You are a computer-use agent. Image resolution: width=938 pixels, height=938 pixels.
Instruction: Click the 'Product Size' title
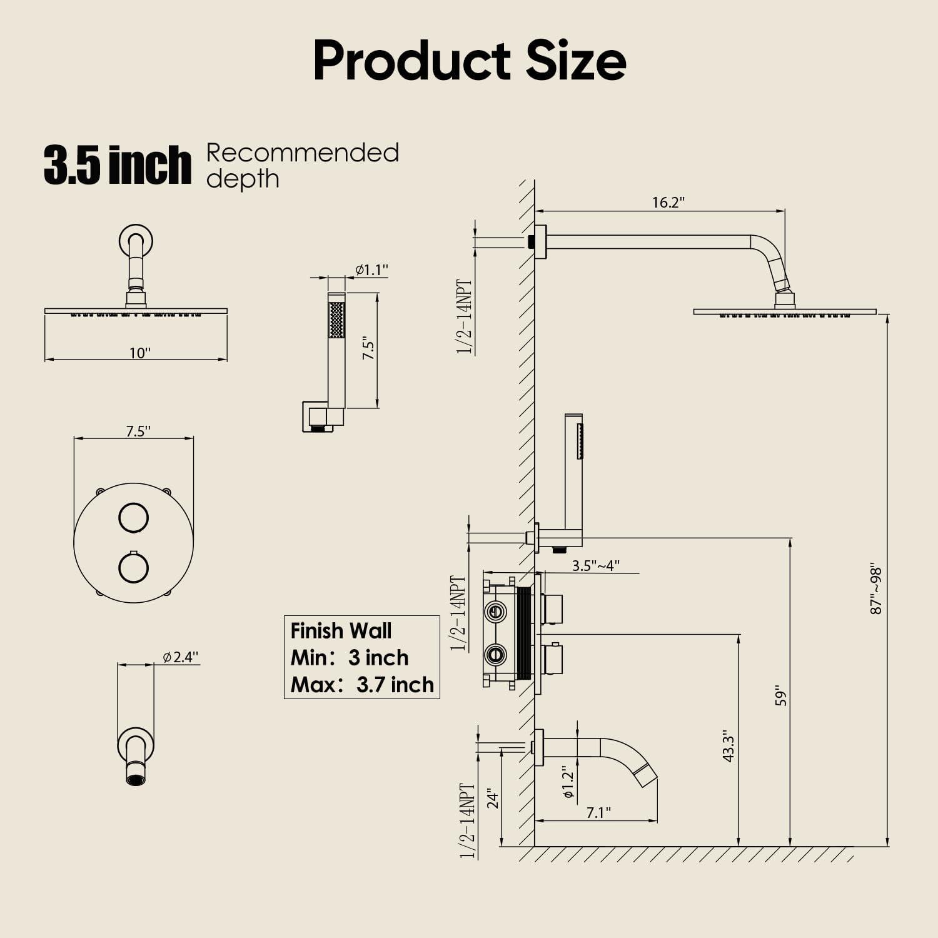pos(469,61)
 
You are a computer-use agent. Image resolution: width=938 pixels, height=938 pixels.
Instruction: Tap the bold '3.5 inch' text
pos(117,165)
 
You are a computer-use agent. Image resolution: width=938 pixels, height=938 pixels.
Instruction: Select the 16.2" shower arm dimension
pos(668,203)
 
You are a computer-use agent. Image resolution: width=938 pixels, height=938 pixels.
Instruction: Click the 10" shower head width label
pos(139,353)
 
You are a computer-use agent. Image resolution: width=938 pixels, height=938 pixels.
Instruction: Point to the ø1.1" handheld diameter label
pos(371,270)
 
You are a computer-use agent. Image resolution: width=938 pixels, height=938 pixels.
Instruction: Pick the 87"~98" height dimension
pos(876,590)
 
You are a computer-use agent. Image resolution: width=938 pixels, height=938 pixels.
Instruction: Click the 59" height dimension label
pos(780,698)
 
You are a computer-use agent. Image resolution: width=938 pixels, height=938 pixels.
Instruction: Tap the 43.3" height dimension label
pos(728,745)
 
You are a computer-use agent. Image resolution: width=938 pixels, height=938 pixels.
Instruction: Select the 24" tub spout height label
pos(493,800)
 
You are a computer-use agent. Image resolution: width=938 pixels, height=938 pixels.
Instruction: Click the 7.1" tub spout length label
pos(598,812)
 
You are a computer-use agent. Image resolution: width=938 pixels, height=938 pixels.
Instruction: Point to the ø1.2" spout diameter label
pos(568,782)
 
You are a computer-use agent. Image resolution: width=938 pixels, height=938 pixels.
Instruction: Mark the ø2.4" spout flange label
pos(180,657)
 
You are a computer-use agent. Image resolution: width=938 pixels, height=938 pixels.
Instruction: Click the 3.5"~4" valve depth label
pos(595,565)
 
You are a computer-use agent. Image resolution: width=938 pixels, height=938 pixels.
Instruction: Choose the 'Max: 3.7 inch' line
pos(362,685)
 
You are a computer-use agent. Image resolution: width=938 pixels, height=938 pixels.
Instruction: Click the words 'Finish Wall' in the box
pos(341,630)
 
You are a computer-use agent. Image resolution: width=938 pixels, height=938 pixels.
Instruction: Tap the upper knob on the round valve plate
pos(133,518)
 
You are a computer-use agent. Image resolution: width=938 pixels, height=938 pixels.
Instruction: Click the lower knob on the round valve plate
pos(133,568)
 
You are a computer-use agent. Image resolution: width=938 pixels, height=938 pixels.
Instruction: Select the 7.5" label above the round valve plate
pos(138,431)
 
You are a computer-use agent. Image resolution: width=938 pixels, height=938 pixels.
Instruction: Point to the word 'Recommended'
pos(303,153)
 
